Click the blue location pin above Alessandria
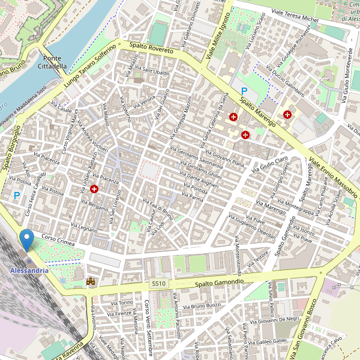coord(26,240)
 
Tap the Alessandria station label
coord(29,271)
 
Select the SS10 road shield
coord(159,283)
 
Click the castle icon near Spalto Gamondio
coord(91,281)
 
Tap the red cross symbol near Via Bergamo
coord(94,189)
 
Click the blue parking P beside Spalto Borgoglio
coord(17,195)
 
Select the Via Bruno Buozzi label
coord(205,306)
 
